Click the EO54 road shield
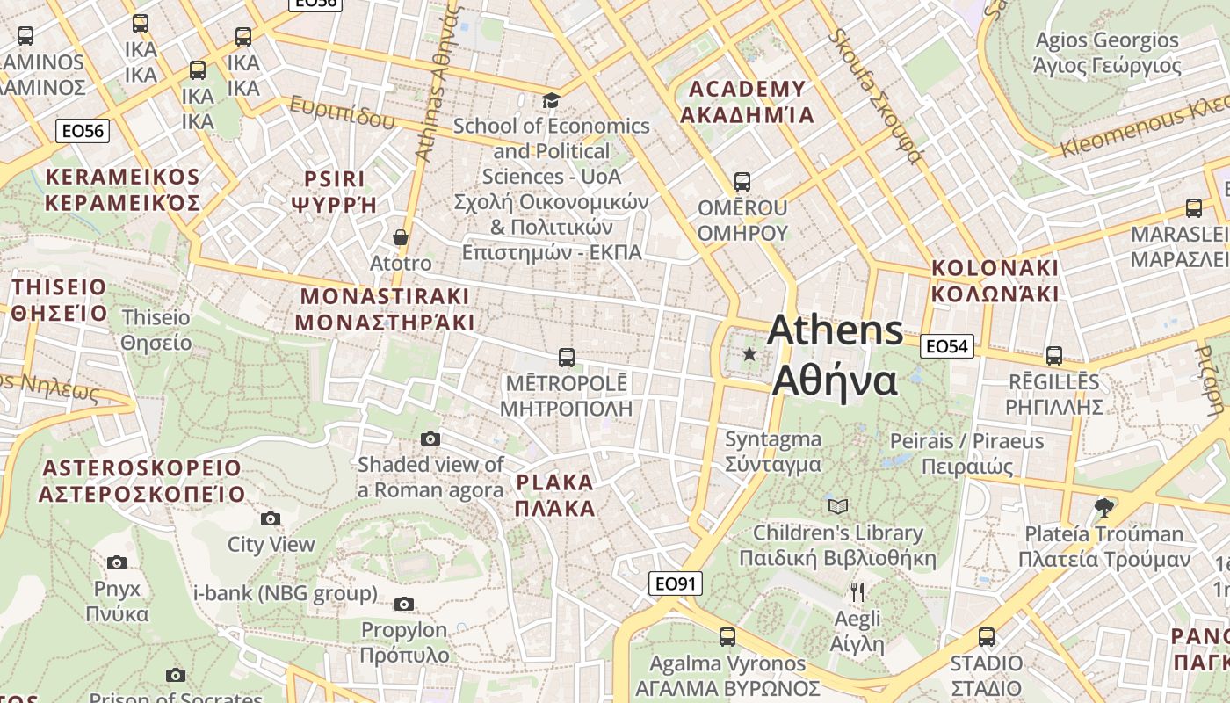pos(947,346)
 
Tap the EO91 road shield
pos(676,583)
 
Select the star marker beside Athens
pos(749,354)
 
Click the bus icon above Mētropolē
pos(567,358)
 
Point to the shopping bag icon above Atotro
pos(401,237)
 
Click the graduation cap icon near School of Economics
pos(551,100)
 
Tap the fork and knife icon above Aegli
pos(857,592)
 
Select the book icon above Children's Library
pos(838,506)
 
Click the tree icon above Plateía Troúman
pos(1104,507)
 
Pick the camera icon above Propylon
pos(404,604)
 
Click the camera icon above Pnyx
pos(117,562)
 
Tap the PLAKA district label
pos(555,495)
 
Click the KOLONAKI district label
pos(995,280)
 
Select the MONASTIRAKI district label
pos(385,308)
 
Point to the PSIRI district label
pos(334,192)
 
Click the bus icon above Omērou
pos(742,182)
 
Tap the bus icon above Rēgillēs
pos(1054,356)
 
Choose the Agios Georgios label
pos(1107,52)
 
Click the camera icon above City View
pos(271,518)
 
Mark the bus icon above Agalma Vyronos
pos(727,637)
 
